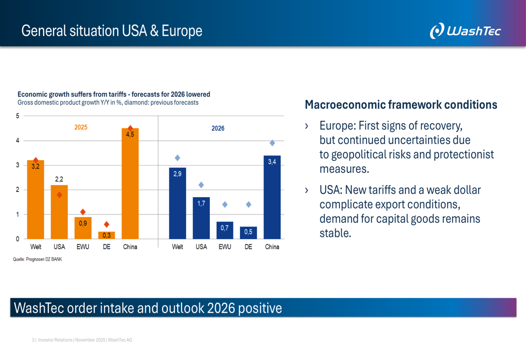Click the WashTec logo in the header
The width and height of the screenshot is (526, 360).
[x=465, y=30]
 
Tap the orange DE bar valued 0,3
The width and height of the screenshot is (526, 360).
[x=106, y=235]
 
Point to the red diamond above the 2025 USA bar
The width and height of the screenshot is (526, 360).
[x=59, y=195]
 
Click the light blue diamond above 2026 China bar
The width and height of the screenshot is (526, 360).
[x=272, y=143]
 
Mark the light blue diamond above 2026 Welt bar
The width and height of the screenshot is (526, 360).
[x=177, y=158]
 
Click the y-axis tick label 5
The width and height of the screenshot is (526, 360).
[x=17, y=116]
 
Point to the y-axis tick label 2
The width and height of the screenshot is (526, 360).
[x=17, y=190]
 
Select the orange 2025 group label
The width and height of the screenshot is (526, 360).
[x=80, y=127]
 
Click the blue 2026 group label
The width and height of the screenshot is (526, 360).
[x=218, y=128]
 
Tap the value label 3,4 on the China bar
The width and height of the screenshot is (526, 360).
[x=272, y=162]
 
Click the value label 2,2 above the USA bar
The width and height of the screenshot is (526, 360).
[x=59, y=179]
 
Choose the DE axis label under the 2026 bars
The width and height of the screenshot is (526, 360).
[x=248, y=247]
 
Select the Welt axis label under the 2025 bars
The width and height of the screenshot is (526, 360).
[x=36, y=247]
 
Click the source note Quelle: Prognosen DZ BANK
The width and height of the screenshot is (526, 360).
[x=37, y=259]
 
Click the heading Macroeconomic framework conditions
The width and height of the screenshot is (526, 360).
[x=401, y=105]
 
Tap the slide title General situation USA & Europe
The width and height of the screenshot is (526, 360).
[x=112, y=30]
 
